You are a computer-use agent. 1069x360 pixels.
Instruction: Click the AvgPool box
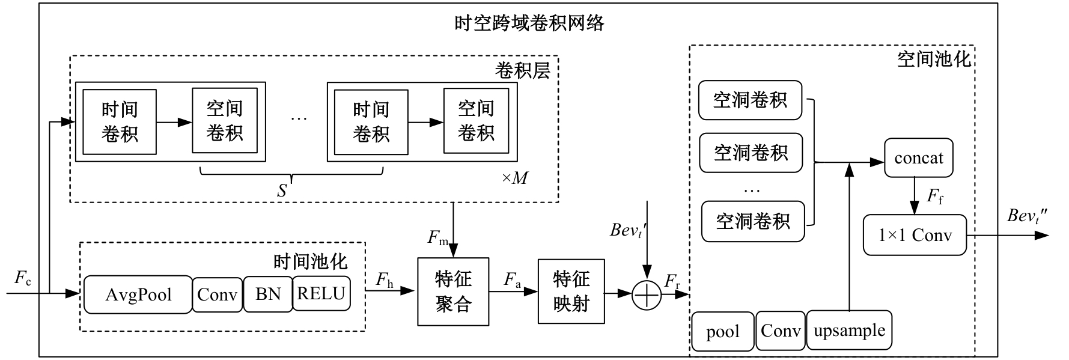coord(138,294)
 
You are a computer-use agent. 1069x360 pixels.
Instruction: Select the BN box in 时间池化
coord(267,294)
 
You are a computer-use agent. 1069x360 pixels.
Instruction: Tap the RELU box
coord(321,293)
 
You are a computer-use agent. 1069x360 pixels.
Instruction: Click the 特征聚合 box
coord(453,291)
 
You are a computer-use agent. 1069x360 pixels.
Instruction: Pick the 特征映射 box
coord(571,291)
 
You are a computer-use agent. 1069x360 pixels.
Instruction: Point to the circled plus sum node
coord(647,294)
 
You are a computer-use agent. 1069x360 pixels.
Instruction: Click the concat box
coord(918,158)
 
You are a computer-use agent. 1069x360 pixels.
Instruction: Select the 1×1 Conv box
coord(915,235)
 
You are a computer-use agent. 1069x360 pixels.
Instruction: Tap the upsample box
coord(849,331)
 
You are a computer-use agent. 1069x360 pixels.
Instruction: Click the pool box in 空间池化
coord(722,332)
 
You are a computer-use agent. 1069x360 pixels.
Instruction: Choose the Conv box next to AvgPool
coord(217,294)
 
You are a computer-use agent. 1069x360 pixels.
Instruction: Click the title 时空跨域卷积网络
coord(529,23)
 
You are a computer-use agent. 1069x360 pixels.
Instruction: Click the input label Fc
coord(23,278)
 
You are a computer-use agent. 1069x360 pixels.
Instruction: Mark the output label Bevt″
coord(1027,216)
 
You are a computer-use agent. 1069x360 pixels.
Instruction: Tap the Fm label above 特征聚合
coord(437,238)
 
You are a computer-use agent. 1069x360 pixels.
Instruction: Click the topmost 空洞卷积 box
coord(750,100)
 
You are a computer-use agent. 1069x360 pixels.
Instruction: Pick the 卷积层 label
coord(522,70)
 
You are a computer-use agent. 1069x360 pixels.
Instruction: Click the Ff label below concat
coord(934,197)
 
